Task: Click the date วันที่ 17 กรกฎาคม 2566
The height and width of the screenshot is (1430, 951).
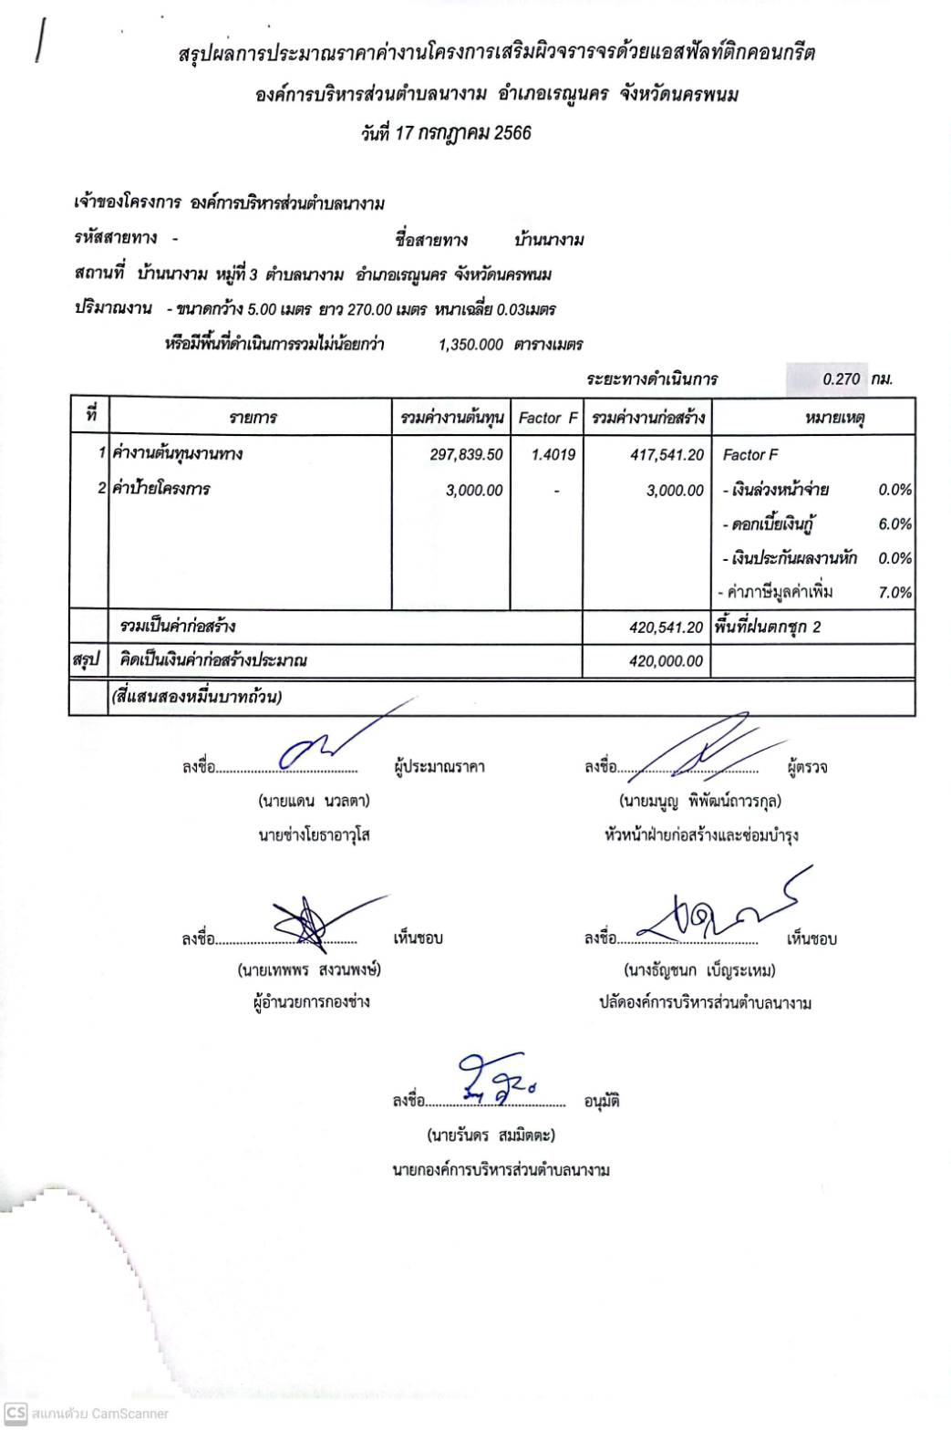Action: point(446,133)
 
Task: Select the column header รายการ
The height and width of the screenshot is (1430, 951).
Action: point(253,419)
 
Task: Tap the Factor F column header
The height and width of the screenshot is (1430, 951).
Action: point(547,419)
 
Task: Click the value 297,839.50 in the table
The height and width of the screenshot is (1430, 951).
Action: point(466,454)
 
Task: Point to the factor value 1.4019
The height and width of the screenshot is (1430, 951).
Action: point(553,454)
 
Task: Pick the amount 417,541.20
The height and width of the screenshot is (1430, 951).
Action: point(667,454)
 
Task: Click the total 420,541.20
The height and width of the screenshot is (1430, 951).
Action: point(666,627)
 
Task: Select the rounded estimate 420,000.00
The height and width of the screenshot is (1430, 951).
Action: point(666,661)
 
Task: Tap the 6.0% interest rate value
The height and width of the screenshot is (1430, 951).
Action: point(894,524)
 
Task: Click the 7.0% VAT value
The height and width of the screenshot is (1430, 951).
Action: point(894,593)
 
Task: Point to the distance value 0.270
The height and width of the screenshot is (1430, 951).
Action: point(841,379)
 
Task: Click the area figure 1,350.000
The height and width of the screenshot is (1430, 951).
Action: point(470,345)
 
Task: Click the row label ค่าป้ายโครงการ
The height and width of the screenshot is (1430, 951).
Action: point(161,490)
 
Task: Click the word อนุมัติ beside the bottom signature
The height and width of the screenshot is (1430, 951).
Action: point(602,1102)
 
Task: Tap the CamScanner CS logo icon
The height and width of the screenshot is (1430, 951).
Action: point(15,1413)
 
